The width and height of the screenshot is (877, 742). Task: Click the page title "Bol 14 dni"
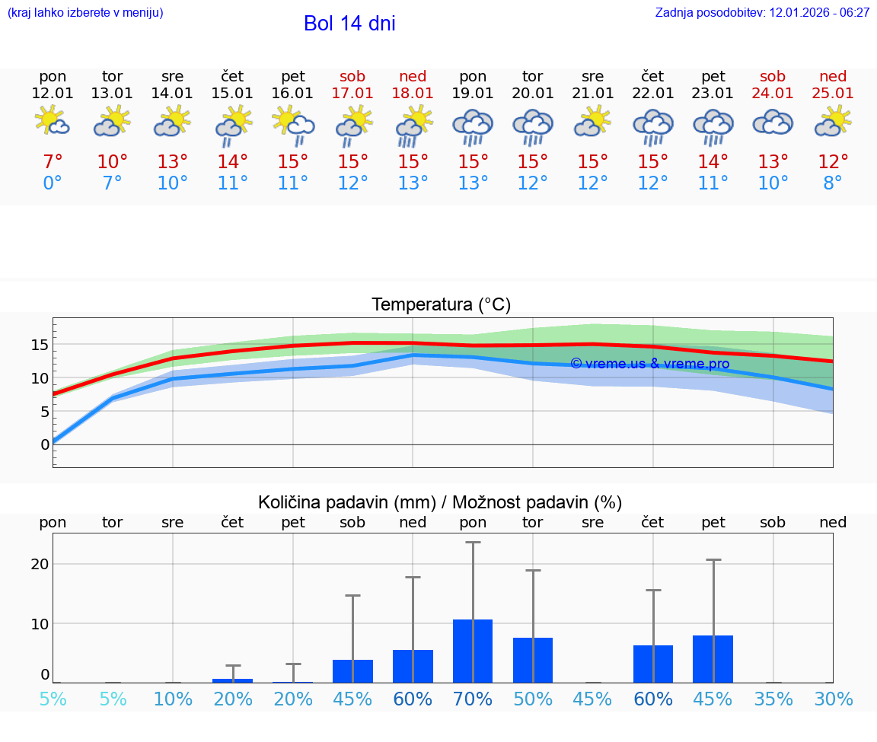pos(349,24)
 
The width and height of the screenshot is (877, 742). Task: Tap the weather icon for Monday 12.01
pos(53,122)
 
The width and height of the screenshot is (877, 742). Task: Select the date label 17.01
pos(352,94)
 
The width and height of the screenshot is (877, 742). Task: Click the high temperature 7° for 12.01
pos(53,162)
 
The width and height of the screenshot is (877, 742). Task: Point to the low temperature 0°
pos(53,183)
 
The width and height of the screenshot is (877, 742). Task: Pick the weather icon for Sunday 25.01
pos(833,122)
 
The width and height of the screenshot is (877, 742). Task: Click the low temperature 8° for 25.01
pos(833,183)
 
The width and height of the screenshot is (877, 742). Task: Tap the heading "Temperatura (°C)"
pos(441,305)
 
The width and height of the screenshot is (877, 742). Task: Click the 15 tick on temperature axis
pos(40,345)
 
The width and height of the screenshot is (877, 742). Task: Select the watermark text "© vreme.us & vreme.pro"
pos(649,364)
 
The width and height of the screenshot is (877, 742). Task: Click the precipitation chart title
pos(440,502)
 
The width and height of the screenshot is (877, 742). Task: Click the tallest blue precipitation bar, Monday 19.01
pos(473,651)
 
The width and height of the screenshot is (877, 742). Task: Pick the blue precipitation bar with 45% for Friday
pos(713,659)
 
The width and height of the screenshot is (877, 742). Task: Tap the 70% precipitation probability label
pos(473,699)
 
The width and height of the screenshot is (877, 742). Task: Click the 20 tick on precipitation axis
pos(40,564)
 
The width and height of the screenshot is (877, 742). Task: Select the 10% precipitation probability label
pos(173,699)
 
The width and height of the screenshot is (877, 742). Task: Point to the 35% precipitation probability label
pos(773,699)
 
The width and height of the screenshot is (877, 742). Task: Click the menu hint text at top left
pos(85,12)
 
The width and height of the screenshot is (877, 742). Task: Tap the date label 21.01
pos(592,94)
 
